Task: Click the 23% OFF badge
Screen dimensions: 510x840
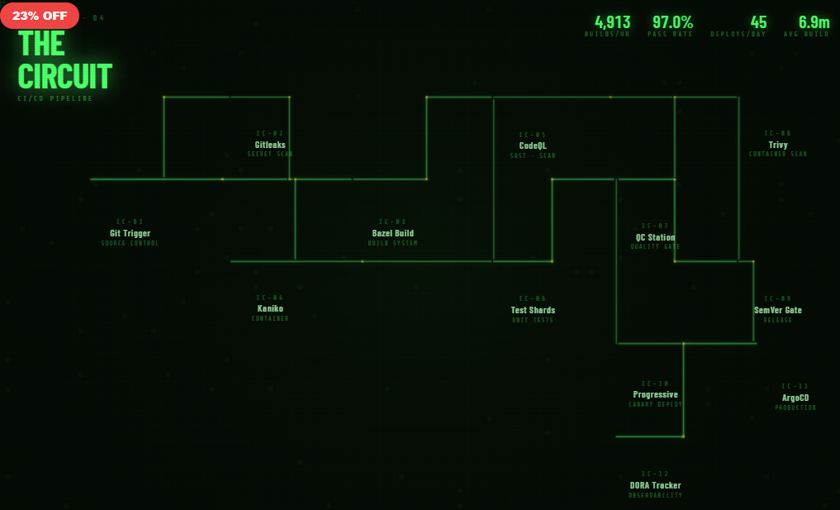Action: click(40, 16)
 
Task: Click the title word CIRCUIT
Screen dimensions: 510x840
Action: click(64, 76)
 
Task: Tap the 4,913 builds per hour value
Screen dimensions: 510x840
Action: click(612, 22)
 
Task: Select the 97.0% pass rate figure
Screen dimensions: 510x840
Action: click(672, 22)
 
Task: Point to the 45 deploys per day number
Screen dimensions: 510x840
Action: click(758, 22)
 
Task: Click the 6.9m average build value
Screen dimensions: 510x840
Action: click(814, 22)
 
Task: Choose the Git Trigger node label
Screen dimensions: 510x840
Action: click(130, 233)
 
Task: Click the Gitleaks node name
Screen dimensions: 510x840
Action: click(270, 145)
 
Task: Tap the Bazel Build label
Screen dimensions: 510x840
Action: click(392, 233)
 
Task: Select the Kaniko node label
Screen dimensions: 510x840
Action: click(270, 308)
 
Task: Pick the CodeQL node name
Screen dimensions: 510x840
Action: click(533, 145)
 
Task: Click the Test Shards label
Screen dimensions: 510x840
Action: click(533, 310)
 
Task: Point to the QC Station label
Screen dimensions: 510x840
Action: click(655, 237)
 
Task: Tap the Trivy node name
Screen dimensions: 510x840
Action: click(777, 145)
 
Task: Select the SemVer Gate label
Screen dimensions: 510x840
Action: click(777, 310)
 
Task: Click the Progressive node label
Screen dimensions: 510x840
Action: click(655, 394)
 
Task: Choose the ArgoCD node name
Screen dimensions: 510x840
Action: click(795, 398)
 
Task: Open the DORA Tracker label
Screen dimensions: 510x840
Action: click(655, 485)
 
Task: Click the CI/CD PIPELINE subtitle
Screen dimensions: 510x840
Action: click(55, 99)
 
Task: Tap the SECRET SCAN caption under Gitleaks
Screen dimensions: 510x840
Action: click(270, 155)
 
